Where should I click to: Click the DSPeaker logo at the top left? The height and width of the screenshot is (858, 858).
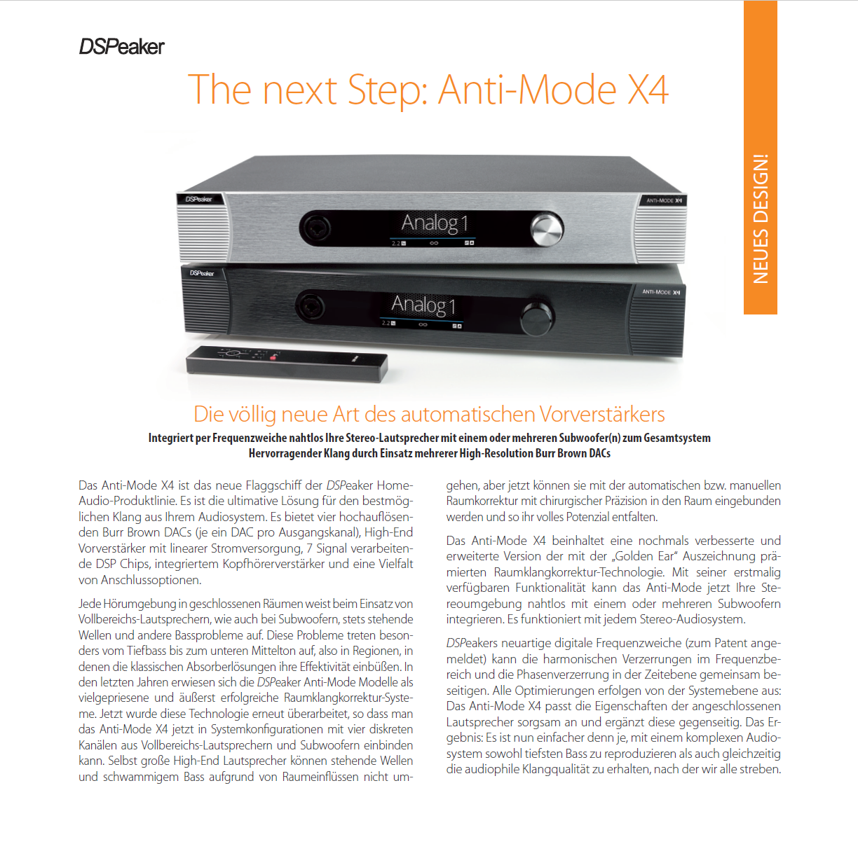click(x=122, y=46)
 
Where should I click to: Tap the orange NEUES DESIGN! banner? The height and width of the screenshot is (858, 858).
click(x=761, y=157)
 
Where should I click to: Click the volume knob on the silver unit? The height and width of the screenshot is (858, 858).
click(x=547, y=229)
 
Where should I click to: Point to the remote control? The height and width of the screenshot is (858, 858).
click(x=287, y=364)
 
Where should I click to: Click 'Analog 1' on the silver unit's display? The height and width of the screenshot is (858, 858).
click(x=434, y=223)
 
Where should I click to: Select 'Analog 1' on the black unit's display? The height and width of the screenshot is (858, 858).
click(x=423, y=305)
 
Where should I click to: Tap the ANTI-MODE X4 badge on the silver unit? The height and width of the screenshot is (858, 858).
click(x=664, y=200)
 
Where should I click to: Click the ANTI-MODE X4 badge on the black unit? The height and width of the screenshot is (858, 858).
click(x=661, y=292)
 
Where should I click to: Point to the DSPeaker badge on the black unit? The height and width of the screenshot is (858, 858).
click(x=202, y=273)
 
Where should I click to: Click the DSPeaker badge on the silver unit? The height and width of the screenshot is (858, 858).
click(x=199, y=199)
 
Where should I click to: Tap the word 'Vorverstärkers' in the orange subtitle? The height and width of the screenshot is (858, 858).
click(x=602, y=414)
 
